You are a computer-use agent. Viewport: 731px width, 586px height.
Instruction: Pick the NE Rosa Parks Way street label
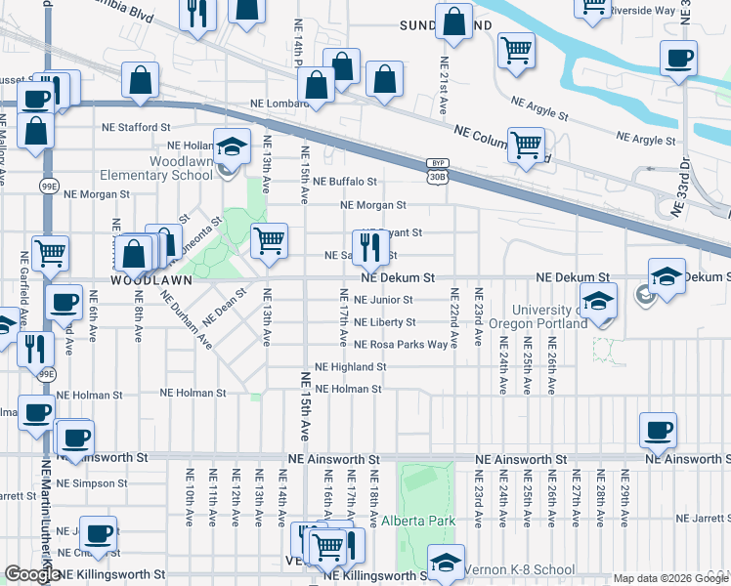(x=401, y=345)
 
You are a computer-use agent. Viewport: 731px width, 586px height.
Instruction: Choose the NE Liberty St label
(x=384, y=322)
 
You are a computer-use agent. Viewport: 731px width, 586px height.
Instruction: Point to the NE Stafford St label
(x=136, y=127)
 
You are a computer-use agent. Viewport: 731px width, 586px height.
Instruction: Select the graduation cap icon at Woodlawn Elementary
(x=231, y=147)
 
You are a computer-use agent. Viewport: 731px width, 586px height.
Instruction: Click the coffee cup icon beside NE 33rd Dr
(x=677, y=58)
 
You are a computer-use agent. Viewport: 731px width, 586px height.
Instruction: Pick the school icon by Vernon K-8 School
(x=446, y=564)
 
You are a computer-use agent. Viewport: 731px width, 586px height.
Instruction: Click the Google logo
(x=32, y=574)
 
